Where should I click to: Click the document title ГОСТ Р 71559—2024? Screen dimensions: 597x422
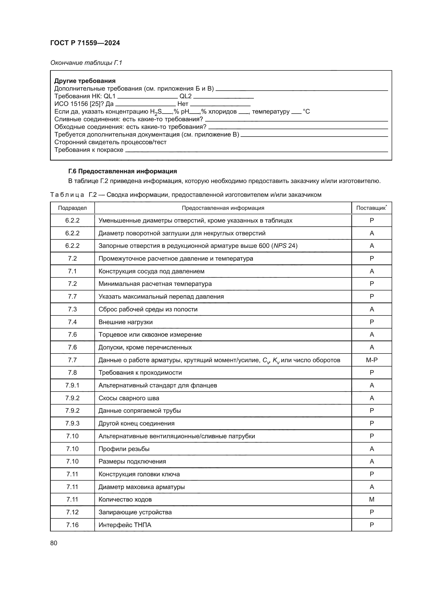pyautogui.click(x=85, y=43)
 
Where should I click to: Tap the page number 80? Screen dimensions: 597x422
pyautogui.click(x=54, y=543)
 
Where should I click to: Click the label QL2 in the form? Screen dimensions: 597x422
pyautogui.click(x=185, y=96)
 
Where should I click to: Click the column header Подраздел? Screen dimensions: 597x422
pyautogui.click(x=72, y=208)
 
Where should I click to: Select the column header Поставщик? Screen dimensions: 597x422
pyautogui.click(x=371, y=208)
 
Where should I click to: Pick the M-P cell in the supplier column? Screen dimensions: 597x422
pyautogui.click(x=371, y=360)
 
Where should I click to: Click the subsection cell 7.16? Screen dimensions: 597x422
pyautogui.click(x=72, y=525)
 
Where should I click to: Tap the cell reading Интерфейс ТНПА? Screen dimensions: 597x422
pyautogui.click(x=125, y=525)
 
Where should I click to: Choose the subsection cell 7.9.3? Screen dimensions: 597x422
pyautogui.click(x=72, y=423)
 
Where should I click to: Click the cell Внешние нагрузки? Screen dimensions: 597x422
pyautogui.click(x=126, y=322)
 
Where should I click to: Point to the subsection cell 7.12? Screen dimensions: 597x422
pyautogui.click(x=72, y=512)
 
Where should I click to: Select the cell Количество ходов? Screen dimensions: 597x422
pyautogui.click(x=125, y=499)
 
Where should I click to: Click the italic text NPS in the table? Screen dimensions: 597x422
pyautogui.click(x=280, y=246)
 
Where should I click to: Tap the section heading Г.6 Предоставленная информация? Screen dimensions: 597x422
pyautogui.click(x=122, y=171)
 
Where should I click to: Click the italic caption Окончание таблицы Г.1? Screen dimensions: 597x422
pyautogui.click(x=86, y=63)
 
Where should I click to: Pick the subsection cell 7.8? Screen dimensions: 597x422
pyautogui.click(x=72, y=372)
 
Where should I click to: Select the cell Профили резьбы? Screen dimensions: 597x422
pyautogui.click(x=124, y=449)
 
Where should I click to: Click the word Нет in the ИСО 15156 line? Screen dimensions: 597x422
pyautogui.click(x=183, y=104)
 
